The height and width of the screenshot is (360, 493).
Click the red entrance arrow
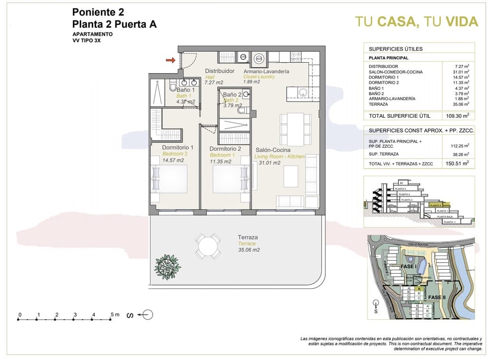click(170, 60)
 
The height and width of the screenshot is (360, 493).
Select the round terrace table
click(208, 246)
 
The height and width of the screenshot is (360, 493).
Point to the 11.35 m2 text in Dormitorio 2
click(220, 161)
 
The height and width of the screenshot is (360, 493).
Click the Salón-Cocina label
click(273, 150)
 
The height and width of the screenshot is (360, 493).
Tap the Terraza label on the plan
click(248, 237)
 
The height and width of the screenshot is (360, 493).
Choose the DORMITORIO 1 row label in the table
click(384, 77)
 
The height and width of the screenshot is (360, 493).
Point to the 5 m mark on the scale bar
click(112, 315)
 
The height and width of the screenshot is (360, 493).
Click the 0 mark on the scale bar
click(20, 315)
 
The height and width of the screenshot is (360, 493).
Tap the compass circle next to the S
click(147, 314)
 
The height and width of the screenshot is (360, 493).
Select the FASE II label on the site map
click(436, 297)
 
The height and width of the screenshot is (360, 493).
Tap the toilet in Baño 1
click(173, 86)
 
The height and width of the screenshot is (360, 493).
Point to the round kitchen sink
click(302, 92)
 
